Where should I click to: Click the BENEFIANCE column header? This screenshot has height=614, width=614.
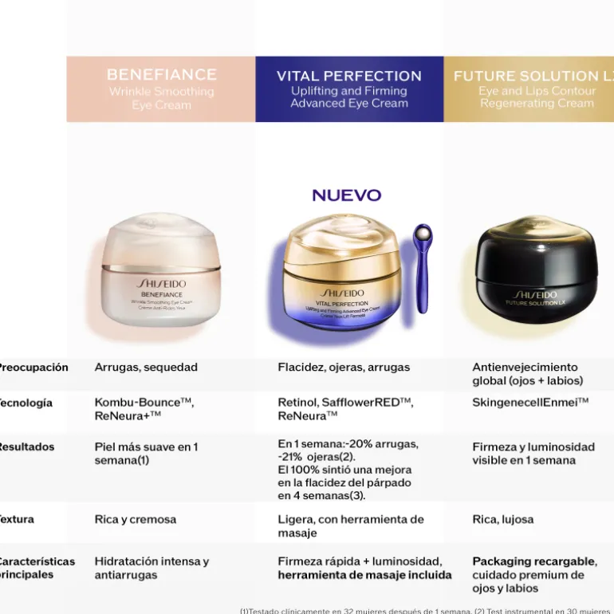[x=161, y=89]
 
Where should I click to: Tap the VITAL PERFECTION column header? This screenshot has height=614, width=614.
[x=349, y=89]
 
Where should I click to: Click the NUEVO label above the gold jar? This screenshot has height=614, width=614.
[x=347, y=195]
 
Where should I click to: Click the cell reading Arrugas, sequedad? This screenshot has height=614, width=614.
[x=146, y=368]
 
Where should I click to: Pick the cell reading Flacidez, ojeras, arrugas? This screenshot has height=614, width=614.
[x=344, y=368]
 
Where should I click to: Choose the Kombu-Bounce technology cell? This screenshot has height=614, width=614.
[x=144, y=409]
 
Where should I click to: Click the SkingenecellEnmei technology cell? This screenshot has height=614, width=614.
[x=530, y=403]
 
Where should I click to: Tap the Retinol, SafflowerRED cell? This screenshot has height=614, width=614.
[x=345, y=409]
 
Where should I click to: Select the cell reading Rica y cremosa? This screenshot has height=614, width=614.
[x=136, y=519]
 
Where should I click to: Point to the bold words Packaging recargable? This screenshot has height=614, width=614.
[x=533, y=561]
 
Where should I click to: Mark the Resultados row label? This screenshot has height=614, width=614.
[x=27, y=447]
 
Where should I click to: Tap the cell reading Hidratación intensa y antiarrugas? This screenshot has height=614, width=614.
[x=152, y=568]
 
